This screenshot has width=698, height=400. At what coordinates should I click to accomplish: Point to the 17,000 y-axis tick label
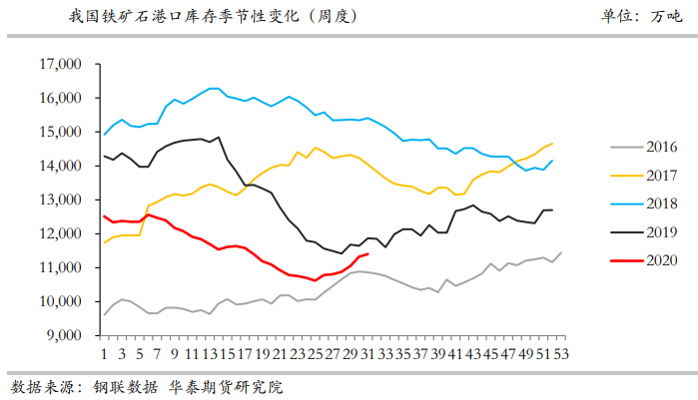pyautogui.click(x=59, y=65)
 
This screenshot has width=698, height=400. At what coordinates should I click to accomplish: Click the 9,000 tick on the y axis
pyautogui.click(x=62, y=335)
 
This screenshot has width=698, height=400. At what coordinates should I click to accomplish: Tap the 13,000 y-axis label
pyautogui.click(x=59, y=200)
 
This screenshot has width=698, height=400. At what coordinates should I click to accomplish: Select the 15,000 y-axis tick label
pyautogui.click(x=59, y=133)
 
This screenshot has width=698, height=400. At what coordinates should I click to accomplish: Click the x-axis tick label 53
pyautogui.click(x=560, y=353)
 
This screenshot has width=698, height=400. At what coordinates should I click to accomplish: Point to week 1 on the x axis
pyautogui.click(x=104, y=353)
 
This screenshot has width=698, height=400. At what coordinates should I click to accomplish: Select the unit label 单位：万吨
pyautogui.click(x=636, y=17)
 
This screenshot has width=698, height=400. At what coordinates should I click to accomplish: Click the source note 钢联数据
pyautogui.click(x=126, y=385)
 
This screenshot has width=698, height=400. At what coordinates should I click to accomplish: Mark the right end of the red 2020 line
pyautogui.click(x=368, y=253)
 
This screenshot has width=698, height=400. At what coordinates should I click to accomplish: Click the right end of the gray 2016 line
pyautogui.click(x=561, y=252)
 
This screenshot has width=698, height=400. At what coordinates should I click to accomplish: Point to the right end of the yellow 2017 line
pyautogui.click(x=552, y=144)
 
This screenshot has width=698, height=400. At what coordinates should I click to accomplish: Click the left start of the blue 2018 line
pyautogui.click(x=105, y=134)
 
